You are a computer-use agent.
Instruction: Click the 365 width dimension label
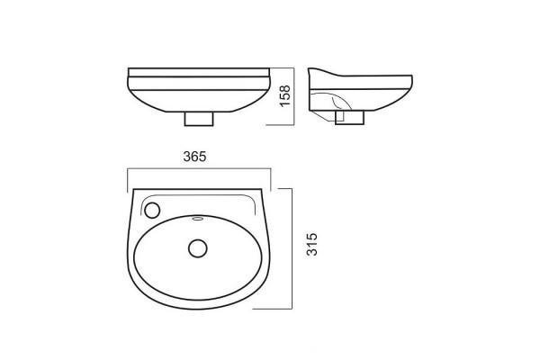tap(194, 157)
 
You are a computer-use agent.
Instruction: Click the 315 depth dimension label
tap(312, 244)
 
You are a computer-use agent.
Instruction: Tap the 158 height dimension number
tap(285, 95)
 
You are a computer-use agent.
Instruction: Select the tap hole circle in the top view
tap(152, 210)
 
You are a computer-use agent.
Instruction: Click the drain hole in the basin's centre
tap(198, 248)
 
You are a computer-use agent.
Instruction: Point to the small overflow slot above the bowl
tap(198, 218)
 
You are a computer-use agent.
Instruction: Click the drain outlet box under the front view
tap(199, 119)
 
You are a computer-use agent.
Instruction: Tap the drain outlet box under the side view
tap(349, 117)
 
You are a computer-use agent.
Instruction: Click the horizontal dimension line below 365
tap(199, 168)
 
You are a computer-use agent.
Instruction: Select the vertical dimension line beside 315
tap(292, 248)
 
